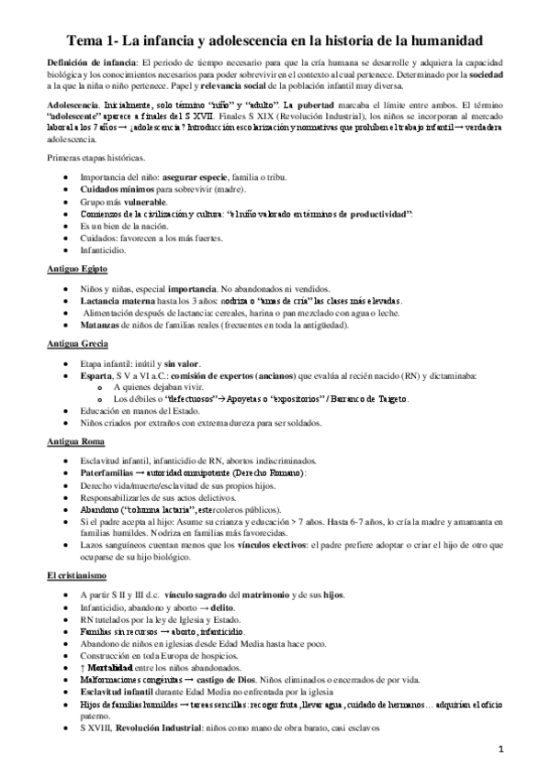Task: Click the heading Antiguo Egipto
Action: (x=77, y=269)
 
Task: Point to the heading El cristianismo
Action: (x=76, y=575)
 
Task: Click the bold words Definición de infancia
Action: (x=89, y=60)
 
